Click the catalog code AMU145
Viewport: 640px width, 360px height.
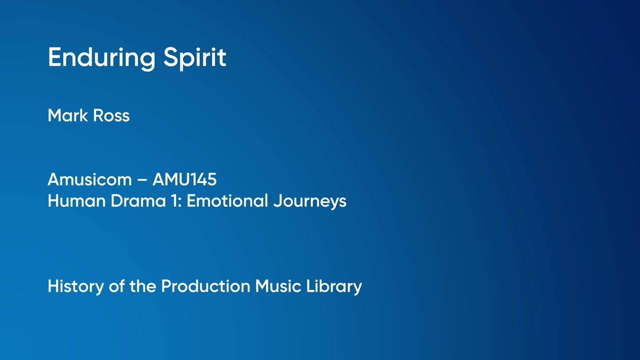(x=184, y=179)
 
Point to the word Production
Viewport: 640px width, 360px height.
(x=205, y=286)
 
